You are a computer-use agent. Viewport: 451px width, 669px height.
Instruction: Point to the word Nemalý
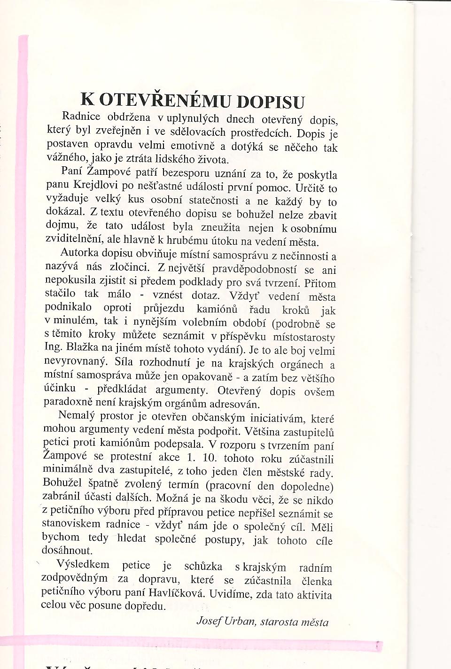tap(77, 416)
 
